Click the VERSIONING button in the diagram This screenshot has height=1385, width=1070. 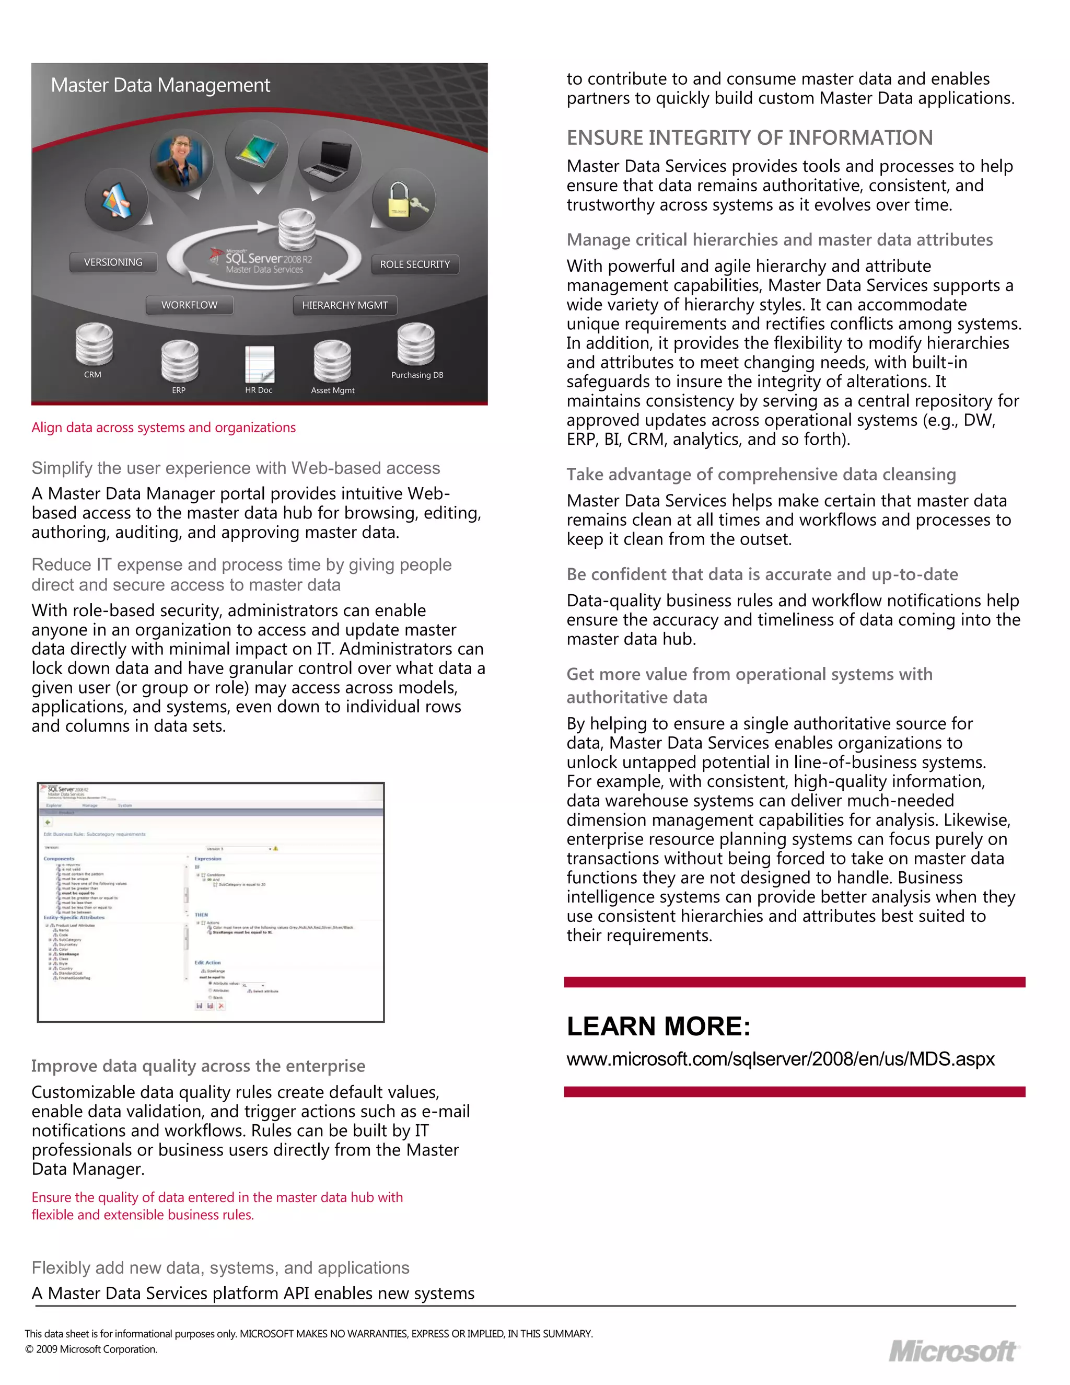pos(113,262)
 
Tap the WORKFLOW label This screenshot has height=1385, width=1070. pos(189,305)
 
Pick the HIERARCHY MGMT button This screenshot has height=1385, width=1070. pos(345,305)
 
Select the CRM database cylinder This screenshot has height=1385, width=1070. pos(94,344)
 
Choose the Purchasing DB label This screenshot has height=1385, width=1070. pos(417,375)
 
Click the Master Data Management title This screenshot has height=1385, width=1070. pos(160,85)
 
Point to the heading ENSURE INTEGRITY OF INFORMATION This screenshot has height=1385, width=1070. pos(749,137)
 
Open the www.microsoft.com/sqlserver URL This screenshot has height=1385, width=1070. pos(781,1059)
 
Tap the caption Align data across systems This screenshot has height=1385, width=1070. pos(164,428)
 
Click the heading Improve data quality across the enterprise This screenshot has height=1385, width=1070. pos(198,1066)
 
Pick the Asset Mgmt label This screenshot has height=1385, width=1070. pos(332,390)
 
